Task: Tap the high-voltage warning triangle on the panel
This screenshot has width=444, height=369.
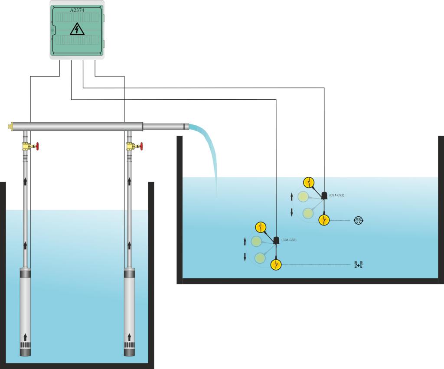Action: click(77, 29)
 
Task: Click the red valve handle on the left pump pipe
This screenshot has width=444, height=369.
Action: click(38, 147)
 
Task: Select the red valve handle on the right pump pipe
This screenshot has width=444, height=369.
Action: click(141, 147)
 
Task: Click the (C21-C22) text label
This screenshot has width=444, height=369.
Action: click(336, 195)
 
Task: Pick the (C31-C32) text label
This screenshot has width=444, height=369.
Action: click(289, 240)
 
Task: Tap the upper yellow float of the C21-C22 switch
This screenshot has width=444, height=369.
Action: click(308, 182)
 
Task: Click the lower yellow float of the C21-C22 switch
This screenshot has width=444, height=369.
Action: click(324, 220)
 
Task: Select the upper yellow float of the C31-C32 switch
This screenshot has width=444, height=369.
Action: click(260, 227)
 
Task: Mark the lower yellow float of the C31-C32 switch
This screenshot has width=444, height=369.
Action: click(276, 265)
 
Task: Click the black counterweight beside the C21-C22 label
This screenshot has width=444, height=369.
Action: click(324, 196)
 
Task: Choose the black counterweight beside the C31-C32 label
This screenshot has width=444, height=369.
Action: click(276, 240)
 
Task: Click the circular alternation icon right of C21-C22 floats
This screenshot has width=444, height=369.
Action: click(359, 220)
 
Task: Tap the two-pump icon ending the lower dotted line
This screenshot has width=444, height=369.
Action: click(358, 265)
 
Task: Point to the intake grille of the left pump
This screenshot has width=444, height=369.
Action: click(26, 346)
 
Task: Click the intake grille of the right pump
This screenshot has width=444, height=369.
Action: click(129, 346)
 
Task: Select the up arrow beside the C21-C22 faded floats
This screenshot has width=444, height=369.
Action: click(291, 197)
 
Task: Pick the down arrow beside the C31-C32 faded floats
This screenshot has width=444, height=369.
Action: click(245, 257)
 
